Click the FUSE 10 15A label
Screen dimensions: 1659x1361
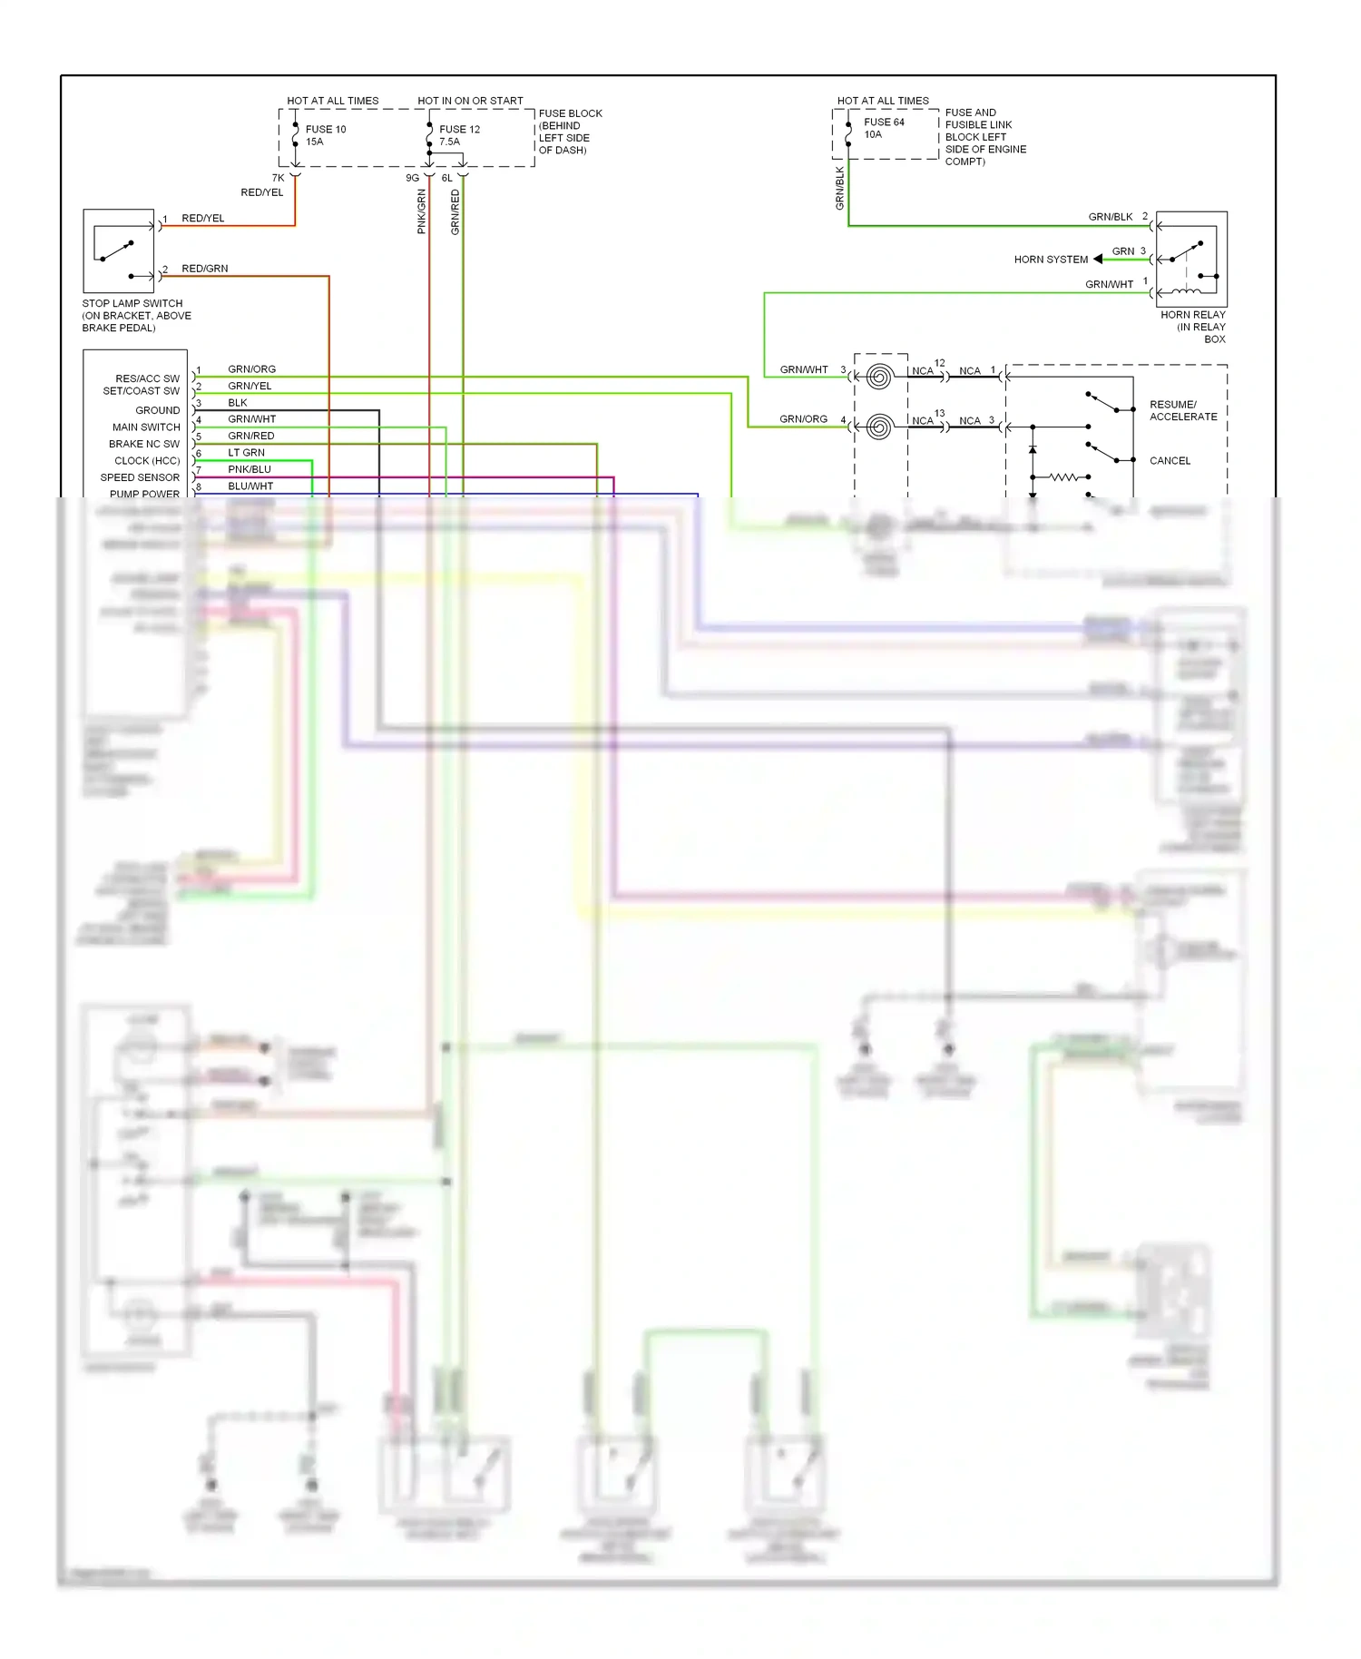[325, 135]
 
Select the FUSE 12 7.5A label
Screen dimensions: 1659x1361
[459, 135]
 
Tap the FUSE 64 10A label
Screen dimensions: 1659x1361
[883, 128]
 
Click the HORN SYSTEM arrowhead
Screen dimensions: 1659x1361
[1098, 259]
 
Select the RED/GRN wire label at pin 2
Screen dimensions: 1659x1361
[204, 269]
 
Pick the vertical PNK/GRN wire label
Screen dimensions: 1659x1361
[421, 211]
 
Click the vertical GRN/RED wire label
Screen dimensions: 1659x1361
[455, 211]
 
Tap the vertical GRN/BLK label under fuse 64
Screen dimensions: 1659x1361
[839, 189]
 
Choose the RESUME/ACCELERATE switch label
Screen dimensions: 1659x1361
[1183, 410]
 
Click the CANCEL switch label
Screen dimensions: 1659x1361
[1170, 460]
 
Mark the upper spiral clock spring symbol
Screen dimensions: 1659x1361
[878, 376]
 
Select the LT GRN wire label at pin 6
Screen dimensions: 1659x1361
[246, 452]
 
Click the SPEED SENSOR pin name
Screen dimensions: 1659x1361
[140, 477]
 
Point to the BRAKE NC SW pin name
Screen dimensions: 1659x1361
[144, 444]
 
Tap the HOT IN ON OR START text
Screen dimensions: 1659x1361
[470, 101]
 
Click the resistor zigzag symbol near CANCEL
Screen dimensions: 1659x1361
[1063, 476]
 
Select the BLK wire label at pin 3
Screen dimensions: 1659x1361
[238, 402]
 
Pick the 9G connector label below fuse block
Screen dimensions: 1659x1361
[412, 178]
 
